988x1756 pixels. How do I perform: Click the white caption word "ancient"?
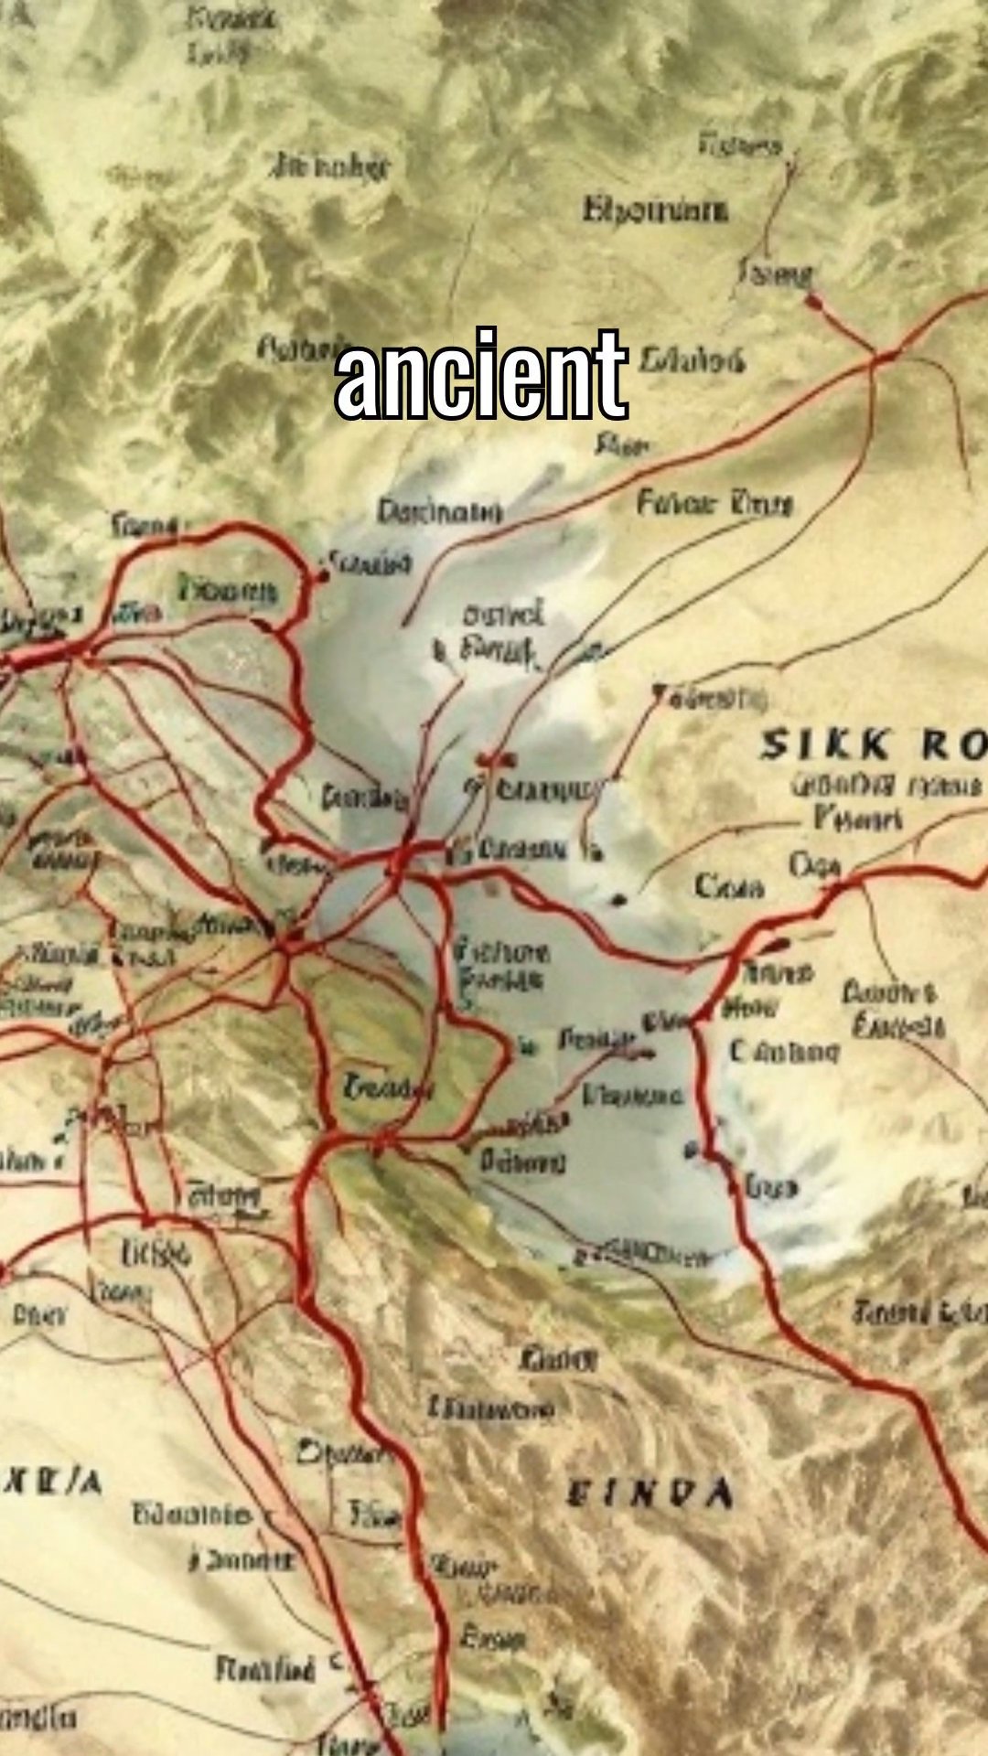click(x=481, y=375)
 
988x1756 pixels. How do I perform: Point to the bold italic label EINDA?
click(x=650, y=1494)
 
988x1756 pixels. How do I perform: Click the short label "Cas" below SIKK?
click(x=729, y=885)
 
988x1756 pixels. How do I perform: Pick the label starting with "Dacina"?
click(x=440, y=511)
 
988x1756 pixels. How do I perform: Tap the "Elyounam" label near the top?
click(x=656, y=209)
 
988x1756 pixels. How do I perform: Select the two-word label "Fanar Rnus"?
click(x=714, y=502)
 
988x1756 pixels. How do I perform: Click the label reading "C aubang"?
click(x=784, y=1052)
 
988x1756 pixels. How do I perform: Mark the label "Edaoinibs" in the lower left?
click(x=191, y=1514)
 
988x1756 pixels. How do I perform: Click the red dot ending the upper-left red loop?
click(x=321, y=576)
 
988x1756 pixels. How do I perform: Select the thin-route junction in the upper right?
click(x=883, y=359)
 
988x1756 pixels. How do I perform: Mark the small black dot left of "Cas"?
click(x=621, y=899)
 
